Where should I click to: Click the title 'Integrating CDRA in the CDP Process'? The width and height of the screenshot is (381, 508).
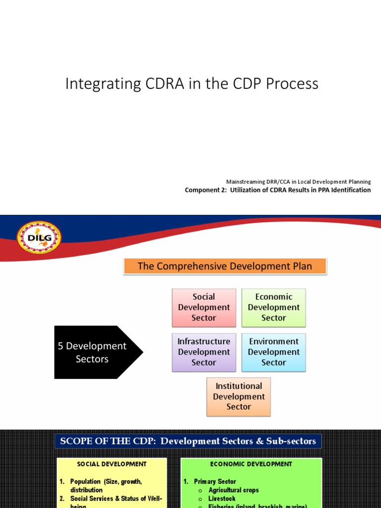(191, 84)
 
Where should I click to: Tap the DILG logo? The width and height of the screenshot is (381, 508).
(39, 237)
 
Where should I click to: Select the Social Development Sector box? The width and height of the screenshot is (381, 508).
(204, 308)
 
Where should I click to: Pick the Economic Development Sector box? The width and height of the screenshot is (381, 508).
(273, 308)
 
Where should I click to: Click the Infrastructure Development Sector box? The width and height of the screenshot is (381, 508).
(204, 352)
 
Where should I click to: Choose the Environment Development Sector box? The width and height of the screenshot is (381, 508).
(273, 352)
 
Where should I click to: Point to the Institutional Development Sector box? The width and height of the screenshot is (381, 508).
(239, 396)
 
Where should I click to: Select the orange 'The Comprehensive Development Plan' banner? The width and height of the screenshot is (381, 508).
(225, 266)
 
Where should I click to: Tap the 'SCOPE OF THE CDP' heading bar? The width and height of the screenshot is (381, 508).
(188, 441)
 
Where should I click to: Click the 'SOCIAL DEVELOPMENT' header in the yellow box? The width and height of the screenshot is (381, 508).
(112, 464)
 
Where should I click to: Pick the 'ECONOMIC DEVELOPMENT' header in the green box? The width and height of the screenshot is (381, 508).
(251, 464)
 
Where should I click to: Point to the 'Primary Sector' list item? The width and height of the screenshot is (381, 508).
(215, 482)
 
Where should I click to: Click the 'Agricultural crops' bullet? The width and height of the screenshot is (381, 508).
(233, 490)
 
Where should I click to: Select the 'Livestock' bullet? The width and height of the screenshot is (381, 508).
(222, 499)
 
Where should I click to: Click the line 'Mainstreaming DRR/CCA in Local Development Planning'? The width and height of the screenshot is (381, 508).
(298, 182)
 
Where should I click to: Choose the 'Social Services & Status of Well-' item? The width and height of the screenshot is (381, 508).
(116, 499)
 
